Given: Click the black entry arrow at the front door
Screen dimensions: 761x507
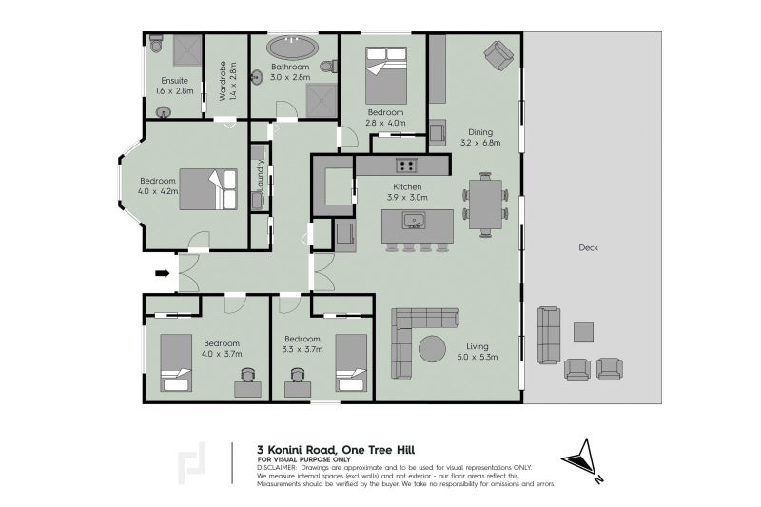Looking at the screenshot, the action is tap(162, 274).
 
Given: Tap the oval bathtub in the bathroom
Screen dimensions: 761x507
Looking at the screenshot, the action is tap(293, 49).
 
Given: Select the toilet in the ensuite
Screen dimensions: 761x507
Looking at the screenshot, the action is tap(156, 44).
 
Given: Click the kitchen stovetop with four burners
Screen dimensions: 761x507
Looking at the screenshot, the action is tap(406, 166).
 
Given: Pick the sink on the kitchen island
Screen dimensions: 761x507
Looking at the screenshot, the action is tap(414, 221).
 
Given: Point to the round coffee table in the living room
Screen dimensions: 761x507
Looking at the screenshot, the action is tap(432, 349).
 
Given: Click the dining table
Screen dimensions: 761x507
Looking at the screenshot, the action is tap(485, 205).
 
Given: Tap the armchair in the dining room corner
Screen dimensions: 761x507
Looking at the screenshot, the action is tap(498, 55).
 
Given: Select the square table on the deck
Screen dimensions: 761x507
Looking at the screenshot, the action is tap(583, 333).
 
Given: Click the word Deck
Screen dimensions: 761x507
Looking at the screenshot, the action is tap(588, 248).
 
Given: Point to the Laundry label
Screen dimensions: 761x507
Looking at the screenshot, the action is tap(261, 176).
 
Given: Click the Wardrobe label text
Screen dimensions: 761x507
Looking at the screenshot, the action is tap(224, 81).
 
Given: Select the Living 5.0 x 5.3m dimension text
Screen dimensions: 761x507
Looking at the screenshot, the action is tap(478, 352).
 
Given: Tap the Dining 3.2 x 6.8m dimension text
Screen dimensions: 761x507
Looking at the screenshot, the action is tap(480, 137).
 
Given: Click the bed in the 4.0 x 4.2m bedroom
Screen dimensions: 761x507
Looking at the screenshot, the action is tap(208, 189).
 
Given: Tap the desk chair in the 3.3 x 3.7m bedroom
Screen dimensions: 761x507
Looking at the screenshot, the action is tap(298, 375).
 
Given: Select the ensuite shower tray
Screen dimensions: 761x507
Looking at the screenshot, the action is tap(187, 50).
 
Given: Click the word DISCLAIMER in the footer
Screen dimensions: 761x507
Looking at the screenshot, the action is tap(276, 468).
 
